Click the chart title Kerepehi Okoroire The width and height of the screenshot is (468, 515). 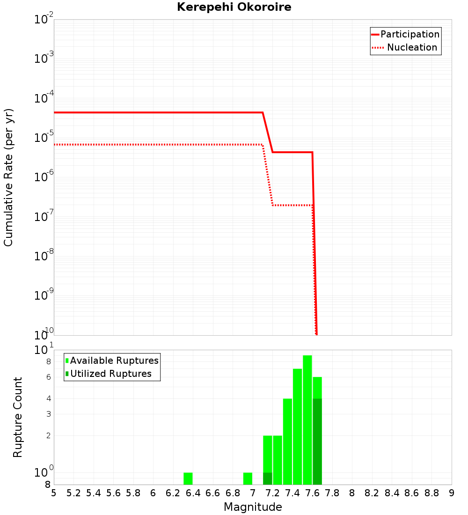pos(234,7)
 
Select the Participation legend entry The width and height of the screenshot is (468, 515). pos(405,35)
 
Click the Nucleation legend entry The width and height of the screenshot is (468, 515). pos(405,48)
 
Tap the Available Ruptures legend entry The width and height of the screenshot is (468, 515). pos(112,361)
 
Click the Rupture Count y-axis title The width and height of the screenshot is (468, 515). pos(18,417)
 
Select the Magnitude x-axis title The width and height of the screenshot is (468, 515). pos(253,507)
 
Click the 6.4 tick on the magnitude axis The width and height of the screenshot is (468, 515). pos(193,493)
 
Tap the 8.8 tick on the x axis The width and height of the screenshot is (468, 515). pos(432,493)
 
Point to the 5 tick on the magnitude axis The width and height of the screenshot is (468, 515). pos(54,493)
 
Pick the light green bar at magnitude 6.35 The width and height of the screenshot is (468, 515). pos(188,478)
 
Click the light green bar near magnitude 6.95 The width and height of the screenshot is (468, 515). pos(248,478)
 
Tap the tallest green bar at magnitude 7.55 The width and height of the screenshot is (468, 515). pos(307,421)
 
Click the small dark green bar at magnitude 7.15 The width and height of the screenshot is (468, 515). pos(268,478)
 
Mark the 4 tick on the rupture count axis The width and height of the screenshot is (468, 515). pos(48,399)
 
